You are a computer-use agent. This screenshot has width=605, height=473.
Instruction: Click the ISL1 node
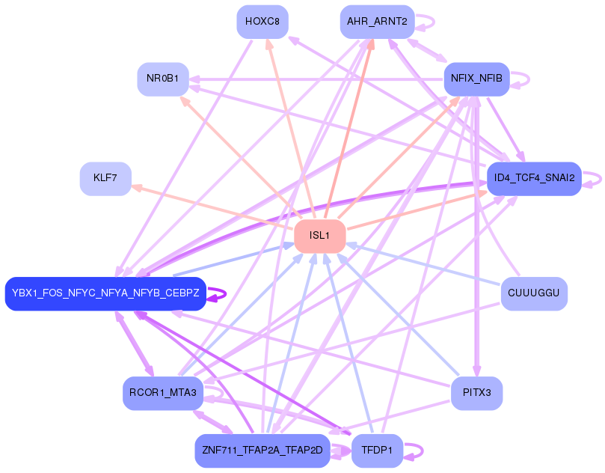(x=319, y=236)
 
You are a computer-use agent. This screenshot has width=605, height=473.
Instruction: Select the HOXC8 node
(x=262, y=22)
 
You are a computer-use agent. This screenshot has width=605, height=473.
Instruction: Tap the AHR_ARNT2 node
(x=376, y=22)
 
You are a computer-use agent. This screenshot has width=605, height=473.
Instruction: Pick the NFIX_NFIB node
(x=476, y=79)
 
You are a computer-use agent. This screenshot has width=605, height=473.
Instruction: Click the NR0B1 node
(x=162, y=79)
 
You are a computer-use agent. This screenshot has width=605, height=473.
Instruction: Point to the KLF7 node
(x=105, y=179)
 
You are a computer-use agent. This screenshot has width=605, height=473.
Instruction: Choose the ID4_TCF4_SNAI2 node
(x=534, y=178)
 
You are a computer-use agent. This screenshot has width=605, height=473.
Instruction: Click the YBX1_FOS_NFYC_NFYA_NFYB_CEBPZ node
(x=105, y=293)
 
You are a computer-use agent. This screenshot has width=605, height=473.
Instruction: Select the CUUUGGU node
(x=533, y=293)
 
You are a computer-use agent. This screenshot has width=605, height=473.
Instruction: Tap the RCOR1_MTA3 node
(x=162, y=393)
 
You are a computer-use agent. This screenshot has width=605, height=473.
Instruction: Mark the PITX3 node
(x=476, y=393)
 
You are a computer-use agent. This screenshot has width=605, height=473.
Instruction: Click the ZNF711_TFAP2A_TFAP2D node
(x=262, y=451)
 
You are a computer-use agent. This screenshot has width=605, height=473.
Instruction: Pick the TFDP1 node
(x=376, y=451)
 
